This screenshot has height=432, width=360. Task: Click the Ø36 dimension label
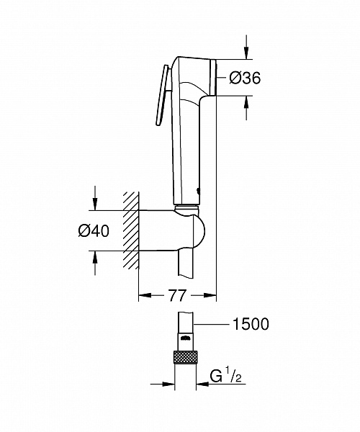(245, 78)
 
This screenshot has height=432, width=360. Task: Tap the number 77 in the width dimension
(177, 295)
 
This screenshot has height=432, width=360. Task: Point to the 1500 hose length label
(249, 324)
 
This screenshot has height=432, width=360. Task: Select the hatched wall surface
(130, 230)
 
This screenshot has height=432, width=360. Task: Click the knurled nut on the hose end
(186, 358)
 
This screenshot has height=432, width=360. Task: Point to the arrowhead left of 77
(143, 295)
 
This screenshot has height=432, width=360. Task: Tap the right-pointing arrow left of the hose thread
(171, 383)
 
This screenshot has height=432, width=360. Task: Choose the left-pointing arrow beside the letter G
(202, 383)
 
